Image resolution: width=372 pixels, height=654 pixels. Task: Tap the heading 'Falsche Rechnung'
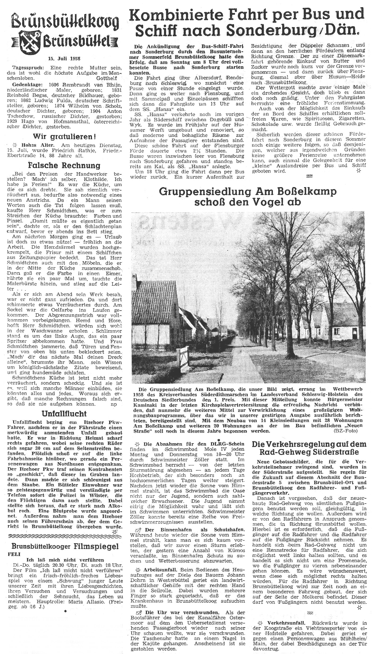coord(64,165)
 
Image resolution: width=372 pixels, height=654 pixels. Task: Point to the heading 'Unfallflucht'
coord(64,414)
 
